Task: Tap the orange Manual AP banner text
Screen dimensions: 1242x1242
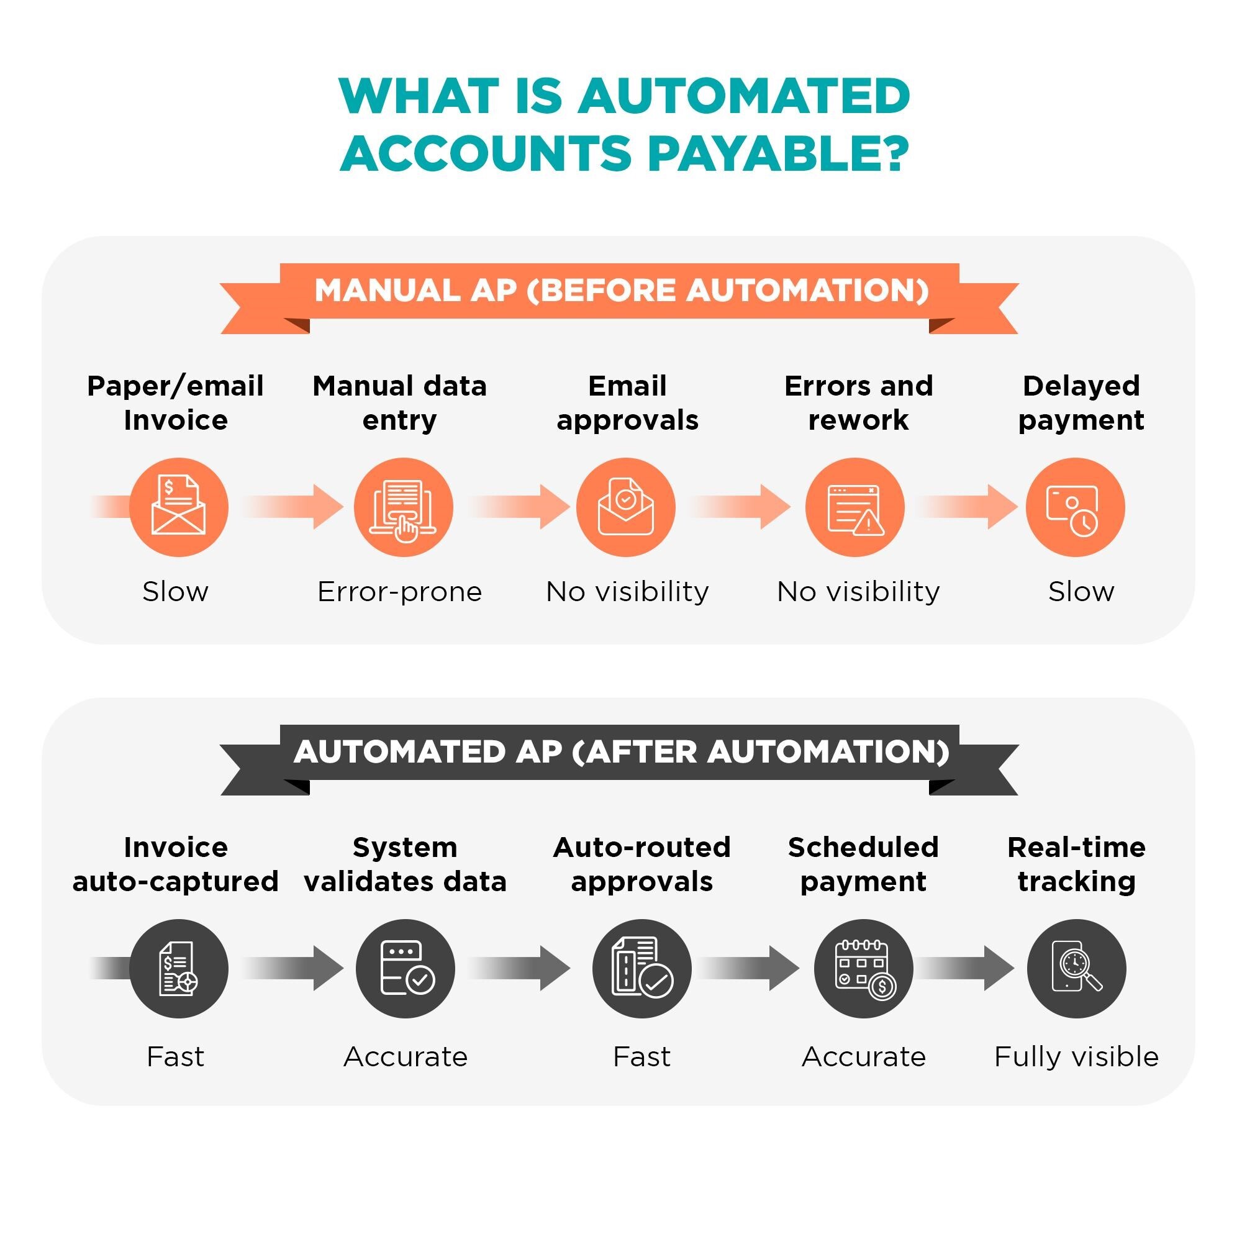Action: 621,291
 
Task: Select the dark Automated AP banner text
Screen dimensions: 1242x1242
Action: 621,751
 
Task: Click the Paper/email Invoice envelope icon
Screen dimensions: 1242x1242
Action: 179,507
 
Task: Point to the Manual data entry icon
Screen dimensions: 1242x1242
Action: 403,507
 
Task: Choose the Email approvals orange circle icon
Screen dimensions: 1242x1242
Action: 625,507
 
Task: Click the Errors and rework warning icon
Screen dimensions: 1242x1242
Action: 854,507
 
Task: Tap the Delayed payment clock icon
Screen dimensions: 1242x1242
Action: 1075,507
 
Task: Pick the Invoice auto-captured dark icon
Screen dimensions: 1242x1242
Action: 179,968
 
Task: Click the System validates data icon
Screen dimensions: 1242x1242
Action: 405,968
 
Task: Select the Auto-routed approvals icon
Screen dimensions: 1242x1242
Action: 641,968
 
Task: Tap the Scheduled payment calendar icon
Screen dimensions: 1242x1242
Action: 863,968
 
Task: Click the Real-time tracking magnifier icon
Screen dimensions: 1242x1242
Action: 1076,968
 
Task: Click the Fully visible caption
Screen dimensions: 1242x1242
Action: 1076,1057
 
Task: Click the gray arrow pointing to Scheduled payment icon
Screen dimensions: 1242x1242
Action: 750,968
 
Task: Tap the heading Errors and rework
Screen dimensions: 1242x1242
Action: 858,403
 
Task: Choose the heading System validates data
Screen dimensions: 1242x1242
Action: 405,864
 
